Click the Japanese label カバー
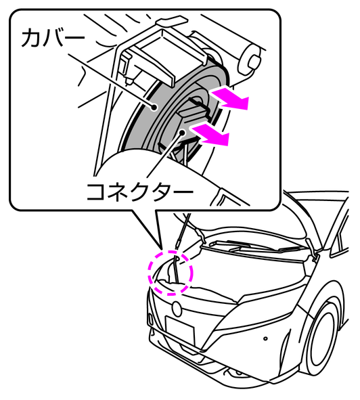[53, 39]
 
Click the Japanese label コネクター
[140, 192]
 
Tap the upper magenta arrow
[229, 99]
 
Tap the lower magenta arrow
[210, 135]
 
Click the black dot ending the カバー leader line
[154, 108]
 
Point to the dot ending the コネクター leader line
[182, 132]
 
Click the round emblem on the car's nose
[177, 309]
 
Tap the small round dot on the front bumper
[265, 338]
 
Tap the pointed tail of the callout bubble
[162, 248]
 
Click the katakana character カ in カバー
[31, 39]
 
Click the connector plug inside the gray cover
[194, 110]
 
